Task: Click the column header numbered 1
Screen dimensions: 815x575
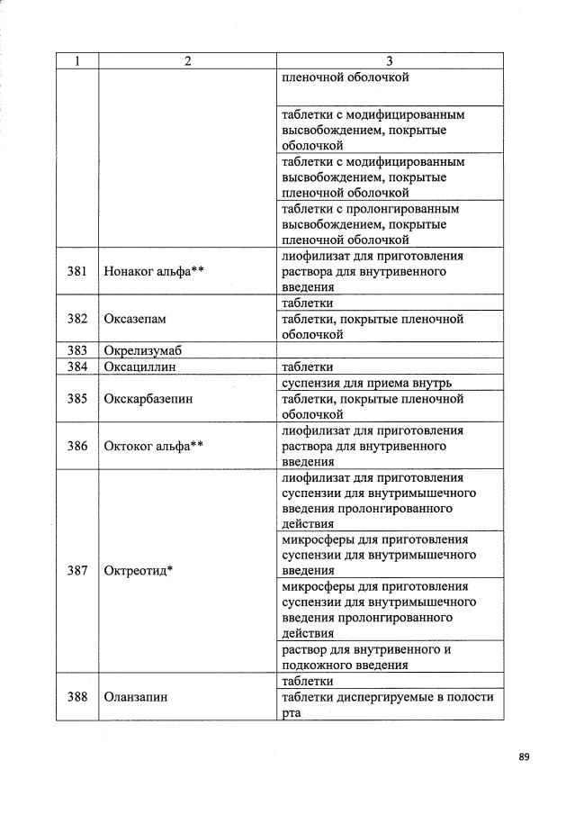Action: [x=77, y=61]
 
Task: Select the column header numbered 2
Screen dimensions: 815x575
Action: [x=186, y=61]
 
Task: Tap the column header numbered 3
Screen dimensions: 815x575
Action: [x=389, y=61]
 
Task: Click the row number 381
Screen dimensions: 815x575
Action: [x=77, y=270]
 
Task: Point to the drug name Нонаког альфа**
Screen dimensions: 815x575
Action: [x=154, y=270]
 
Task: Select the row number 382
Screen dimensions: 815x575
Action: [x=77, y=319]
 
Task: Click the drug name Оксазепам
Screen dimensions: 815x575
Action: [x=136, y=319]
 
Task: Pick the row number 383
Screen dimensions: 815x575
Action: [x=77, y=350]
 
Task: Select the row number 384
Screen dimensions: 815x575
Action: [x=77, y=367]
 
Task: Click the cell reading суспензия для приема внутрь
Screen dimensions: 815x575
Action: [x=371, y=383]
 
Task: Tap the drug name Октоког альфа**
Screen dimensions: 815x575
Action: [x=153, y=446]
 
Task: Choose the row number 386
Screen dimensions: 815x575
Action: [x=77, y=446]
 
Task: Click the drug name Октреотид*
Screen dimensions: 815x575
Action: [x=139, y=571]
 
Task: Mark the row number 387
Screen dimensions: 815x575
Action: [x=77, y=571]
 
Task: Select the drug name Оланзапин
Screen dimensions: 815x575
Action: [x=136, y=696]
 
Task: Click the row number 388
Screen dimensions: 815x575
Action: [x=77, y=696]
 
